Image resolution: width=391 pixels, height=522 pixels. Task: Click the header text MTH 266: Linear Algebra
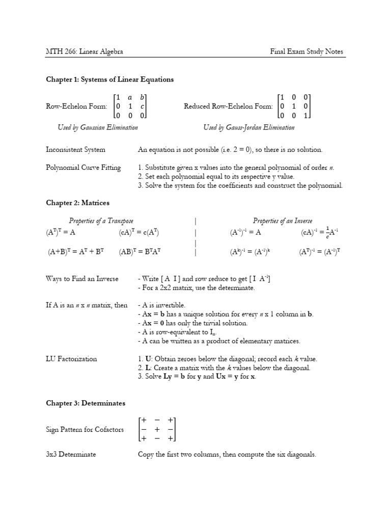tap(84, 51)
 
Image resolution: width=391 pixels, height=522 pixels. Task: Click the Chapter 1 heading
tap(109, 80)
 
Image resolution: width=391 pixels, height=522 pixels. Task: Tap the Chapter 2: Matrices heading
tap(77, 203)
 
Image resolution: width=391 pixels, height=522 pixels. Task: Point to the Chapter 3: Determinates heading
tap(86, 403)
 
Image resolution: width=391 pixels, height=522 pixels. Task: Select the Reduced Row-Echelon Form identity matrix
tap(294, 107)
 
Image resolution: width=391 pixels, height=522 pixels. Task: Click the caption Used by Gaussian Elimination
tap(98, 127)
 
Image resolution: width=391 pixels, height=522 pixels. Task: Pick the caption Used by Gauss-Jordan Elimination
tap(248, 127)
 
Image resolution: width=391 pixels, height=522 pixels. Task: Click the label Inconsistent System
tap(75, 150)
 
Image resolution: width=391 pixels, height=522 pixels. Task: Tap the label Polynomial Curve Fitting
tap(83, 167)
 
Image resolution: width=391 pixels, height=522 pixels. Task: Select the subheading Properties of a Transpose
tap(101, 221)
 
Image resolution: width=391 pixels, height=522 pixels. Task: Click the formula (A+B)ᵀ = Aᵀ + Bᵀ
tap(75, 251)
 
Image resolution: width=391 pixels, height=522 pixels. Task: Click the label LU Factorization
tap(71, 359)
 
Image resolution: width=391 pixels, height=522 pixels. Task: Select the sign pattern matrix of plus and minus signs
tap(157, 429)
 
